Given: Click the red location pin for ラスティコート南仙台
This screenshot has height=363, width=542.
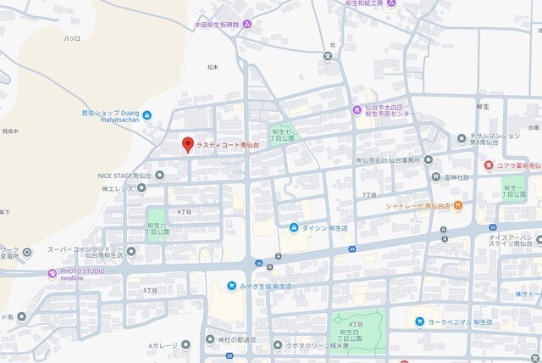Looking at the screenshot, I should coord(188,144).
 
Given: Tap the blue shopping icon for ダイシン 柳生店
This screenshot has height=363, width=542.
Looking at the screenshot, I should coord(294,227).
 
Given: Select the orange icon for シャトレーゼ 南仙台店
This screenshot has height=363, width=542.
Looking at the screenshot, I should coord(458,205).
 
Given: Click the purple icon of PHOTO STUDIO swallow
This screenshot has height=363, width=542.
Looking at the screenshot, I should coord(53,273).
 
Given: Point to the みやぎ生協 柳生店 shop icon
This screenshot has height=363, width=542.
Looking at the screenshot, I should coord(233,286).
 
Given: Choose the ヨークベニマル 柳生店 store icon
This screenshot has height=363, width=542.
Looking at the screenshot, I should coord(420,321).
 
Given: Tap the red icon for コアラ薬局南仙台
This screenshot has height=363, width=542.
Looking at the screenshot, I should coord(489,165).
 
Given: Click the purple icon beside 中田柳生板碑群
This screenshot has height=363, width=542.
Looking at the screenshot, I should coord(247,25).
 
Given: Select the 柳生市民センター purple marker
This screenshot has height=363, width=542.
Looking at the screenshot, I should coord(358,109).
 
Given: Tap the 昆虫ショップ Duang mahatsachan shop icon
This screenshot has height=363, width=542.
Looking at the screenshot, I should coord(148,115).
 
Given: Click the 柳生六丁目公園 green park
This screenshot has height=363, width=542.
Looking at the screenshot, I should coord(156,225).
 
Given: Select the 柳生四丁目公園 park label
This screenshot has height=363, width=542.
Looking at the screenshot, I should coord(354,331).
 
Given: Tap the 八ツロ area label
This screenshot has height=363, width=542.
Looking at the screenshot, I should coord(72,39).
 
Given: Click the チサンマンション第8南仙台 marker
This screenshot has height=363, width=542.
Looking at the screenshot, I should coord(461,137).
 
